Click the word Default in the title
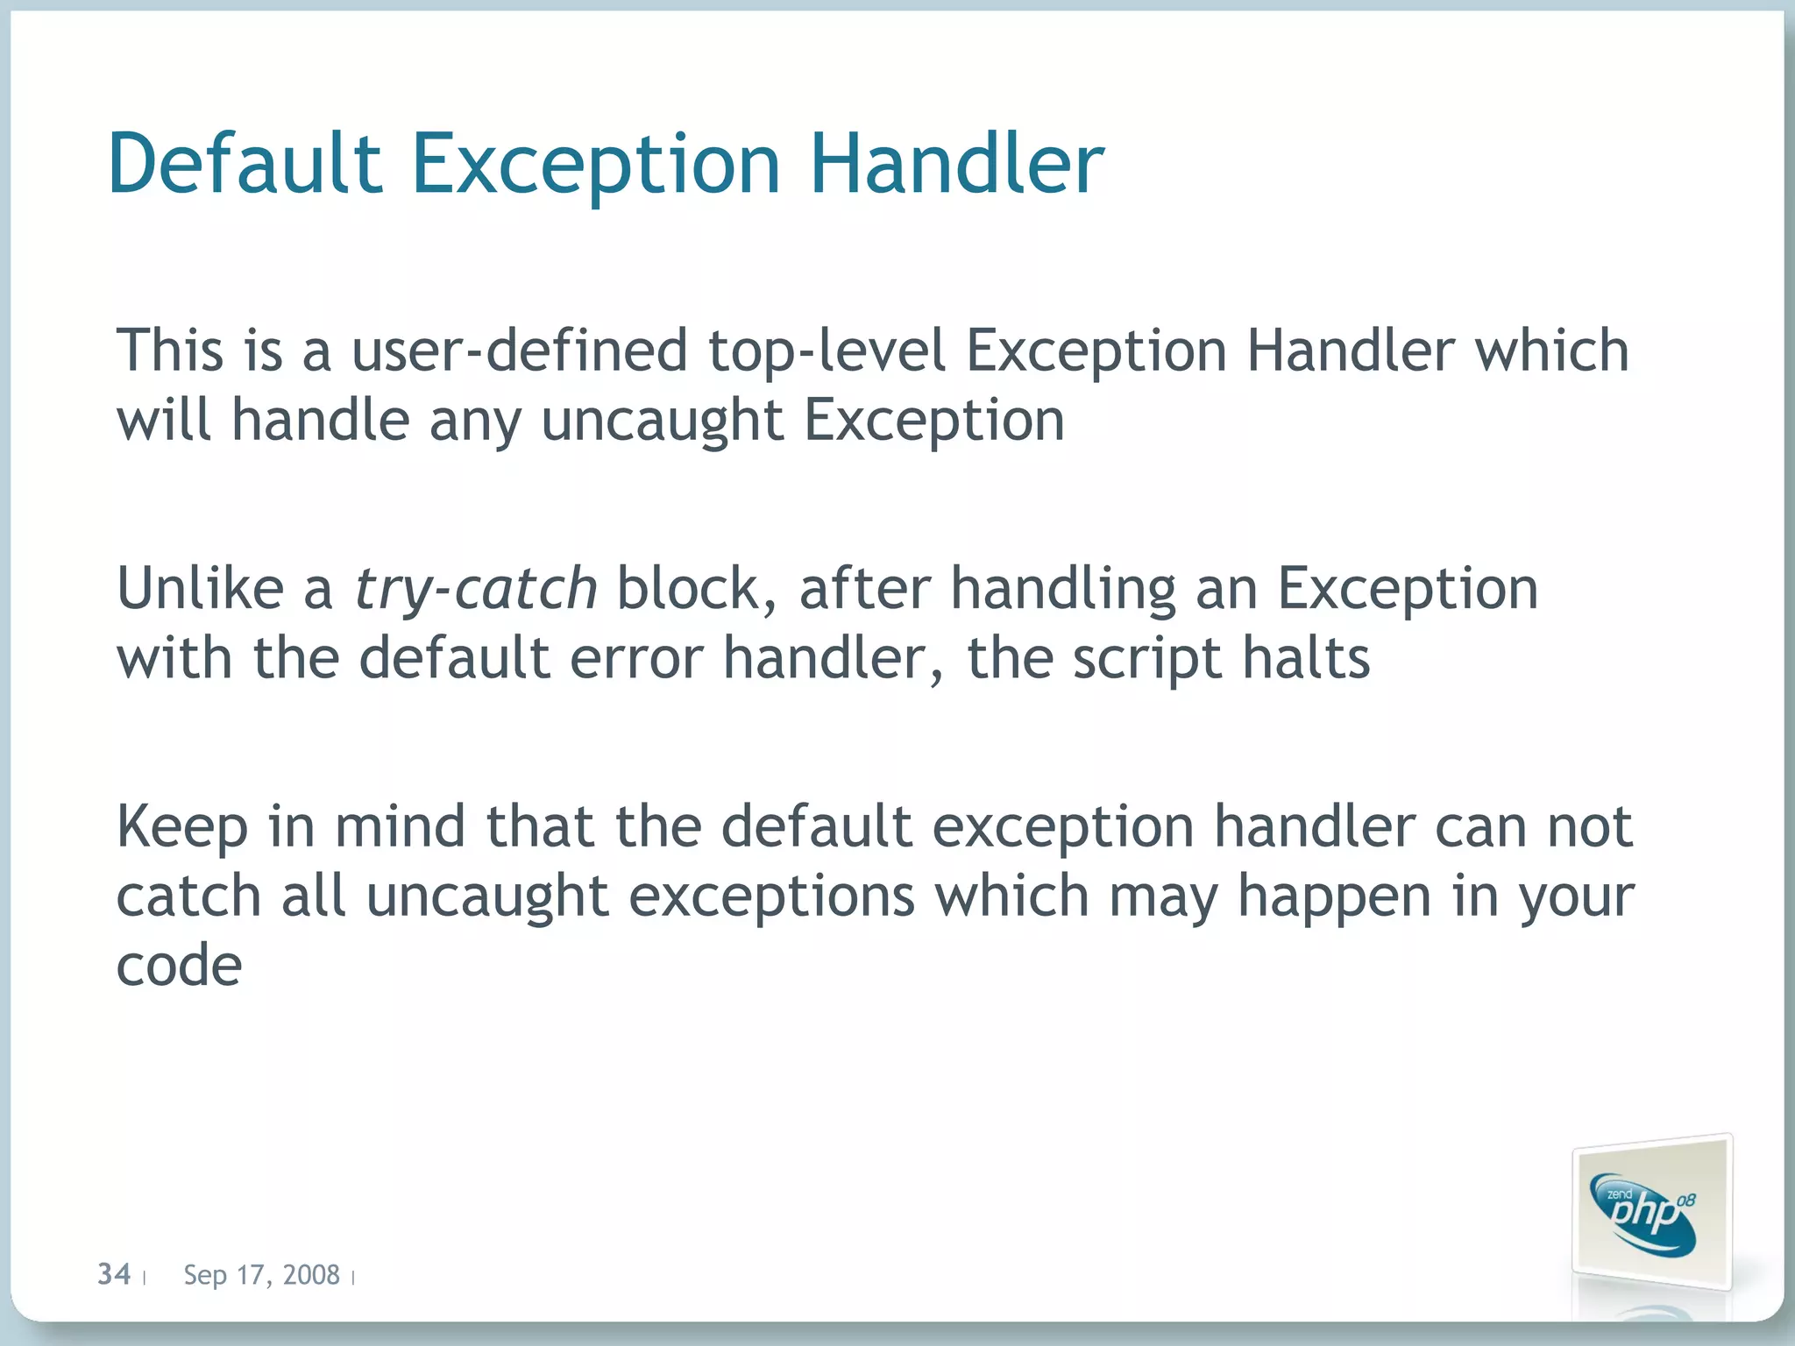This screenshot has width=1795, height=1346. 245,164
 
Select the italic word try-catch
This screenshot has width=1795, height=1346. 476,589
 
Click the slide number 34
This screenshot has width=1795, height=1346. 114,1273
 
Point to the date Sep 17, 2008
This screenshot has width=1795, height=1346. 261,1274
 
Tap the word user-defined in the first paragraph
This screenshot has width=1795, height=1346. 519,351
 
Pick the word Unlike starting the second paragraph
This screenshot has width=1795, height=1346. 201,588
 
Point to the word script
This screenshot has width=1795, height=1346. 1147,660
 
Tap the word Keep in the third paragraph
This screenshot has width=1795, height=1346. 181,828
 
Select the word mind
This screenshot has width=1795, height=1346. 400,826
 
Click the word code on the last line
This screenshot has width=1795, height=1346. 179,967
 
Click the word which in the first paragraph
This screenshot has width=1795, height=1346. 1551,351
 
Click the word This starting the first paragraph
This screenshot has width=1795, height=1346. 170,351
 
